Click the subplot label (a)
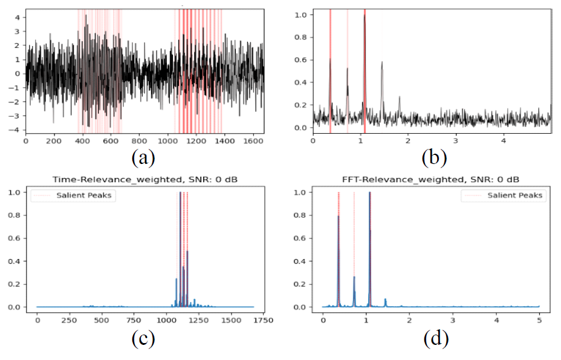click(x=143, y=159)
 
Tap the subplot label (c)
click(x=143, y=339)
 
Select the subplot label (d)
click(x=435, y=339)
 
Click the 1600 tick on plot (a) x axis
click(x=251, y=141)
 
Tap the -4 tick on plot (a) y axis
click(x=17, y=130)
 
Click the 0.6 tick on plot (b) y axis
click(x=304, y=59)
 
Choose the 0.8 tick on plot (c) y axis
click(x=23, y=215)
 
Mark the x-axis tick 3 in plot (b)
click(x=456, y=141)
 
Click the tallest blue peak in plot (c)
click(x=180, y=193)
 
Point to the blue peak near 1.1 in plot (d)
click(x=369, y=194)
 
